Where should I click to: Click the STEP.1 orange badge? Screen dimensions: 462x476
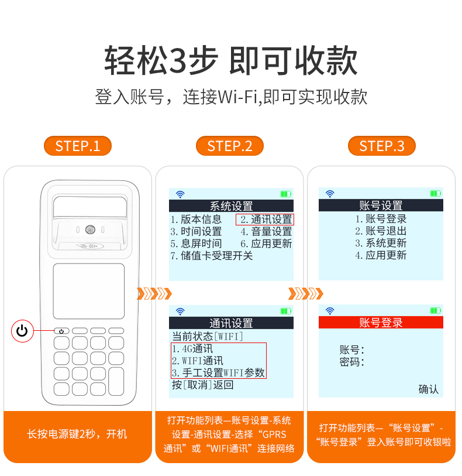click(78, 146)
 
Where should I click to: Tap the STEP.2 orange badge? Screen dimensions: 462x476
click(230, 146)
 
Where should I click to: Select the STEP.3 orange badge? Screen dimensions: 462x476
click(382, 146)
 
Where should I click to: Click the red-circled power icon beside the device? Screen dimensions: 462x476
click(22, 331)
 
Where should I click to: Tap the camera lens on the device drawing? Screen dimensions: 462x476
click(90, 230)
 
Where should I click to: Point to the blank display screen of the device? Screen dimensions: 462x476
click(89, 291)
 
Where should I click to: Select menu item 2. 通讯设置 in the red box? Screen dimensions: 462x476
click(265, 219)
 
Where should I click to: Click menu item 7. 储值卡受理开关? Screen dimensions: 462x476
click(211, 256)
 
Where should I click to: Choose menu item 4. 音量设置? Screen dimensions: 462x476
click(266, 232)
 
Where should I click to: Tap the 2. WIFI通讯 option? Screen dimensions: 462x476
click(197, 361)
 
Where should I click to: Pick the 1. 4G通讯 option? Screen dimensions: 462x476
click(192, 349)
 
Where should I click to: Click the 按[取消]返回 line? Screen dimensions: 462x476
click(202, 385)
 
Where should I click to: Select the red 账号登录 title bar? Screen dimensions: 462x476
click(381, 323)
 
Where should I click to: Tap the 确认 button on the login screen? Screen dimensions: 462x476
click(428, 389)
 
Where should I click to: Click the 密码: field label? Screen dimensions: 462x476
click(351, 362)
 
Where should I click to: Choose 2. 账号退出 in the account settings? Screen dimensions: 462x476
click(381, 231)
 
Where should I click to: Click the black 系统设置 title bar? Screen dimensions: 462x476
click(231, 206)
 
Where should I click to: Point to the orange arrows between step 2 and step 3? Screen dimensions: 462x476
click(306, 293)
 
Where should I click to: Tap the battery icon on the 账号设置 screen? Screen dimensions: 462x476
click(436, 193)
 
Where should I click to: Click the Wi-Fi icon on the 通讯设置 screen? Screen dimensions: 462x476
click(180, 311)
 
